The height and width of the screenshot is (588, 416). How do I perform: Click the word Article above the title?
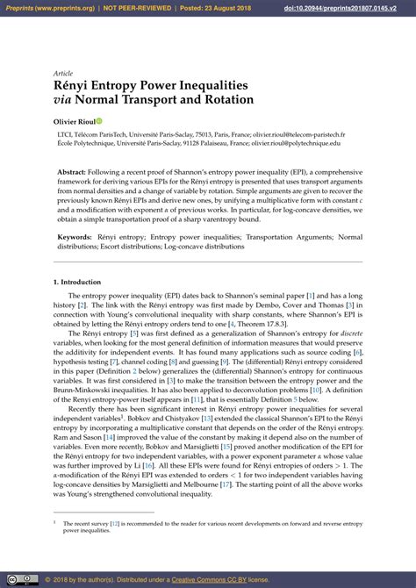click(63, 75)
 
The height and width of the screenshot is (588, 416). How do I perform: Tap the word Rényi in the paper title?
click(75, 87)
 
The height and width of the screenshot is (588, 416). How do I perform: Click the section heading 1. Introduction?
click(77, 283)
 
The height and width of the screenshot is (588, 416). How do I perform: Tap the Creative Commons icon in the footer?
click(11, 580)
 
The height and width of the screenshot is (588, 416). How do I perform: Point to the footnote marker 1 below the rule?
click(55, 521)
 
